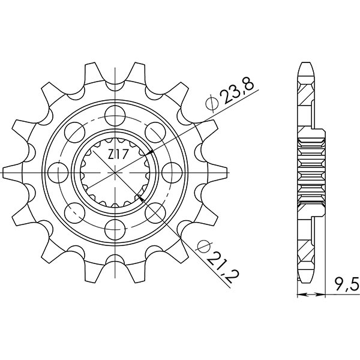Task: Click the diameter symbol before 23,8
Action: point(211,105)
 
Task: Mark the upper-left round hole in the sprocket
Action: point(74,129)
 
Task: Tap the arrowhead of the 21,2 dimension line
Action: point(139,196)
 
